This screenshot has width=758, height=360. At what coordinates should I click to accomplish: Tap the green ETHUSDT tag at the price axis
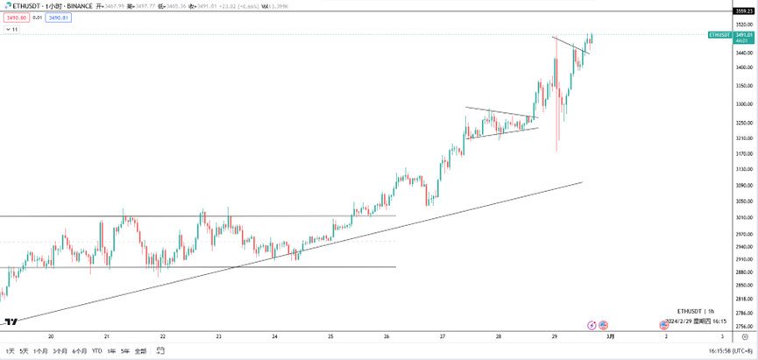pos(719,35)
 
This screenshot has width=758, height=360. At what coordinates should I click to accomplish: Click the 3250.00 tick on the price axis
pos(745,123)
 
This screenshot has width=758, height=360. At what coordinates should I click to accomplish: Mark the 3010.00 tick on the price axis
pos(745,216)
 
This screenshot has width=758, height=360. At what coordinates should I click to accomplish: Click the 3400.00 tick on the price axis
pos(745,67)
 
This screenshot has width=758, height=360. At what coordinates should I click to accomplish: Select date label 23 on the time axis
pos(218,336)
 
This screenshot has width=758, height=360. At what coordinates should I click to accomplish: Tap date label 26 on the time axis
pos(386,336)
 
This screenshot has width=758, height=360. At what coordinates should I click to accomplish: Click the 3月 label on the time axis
pos(610,336)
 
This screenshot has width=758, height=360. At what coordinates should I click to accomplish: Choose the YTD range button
pos(96,351)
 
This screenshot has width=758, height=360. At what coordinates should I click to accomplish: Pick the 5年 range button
pos(124,351)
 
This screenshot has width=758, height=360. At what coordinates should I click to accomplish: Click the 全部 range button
pos(140,351)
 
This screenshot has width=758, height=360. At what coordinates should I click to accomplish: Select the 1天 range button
pos(10,351)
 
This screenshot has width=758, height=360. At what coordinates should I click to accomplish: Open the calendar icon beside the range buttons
pos(160,351)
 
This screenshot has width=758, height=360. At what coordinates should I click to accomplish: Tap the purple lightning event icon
pos(592,325)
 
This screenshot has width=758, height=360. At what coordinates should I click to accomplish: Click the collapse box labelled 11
pos(11,29)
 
